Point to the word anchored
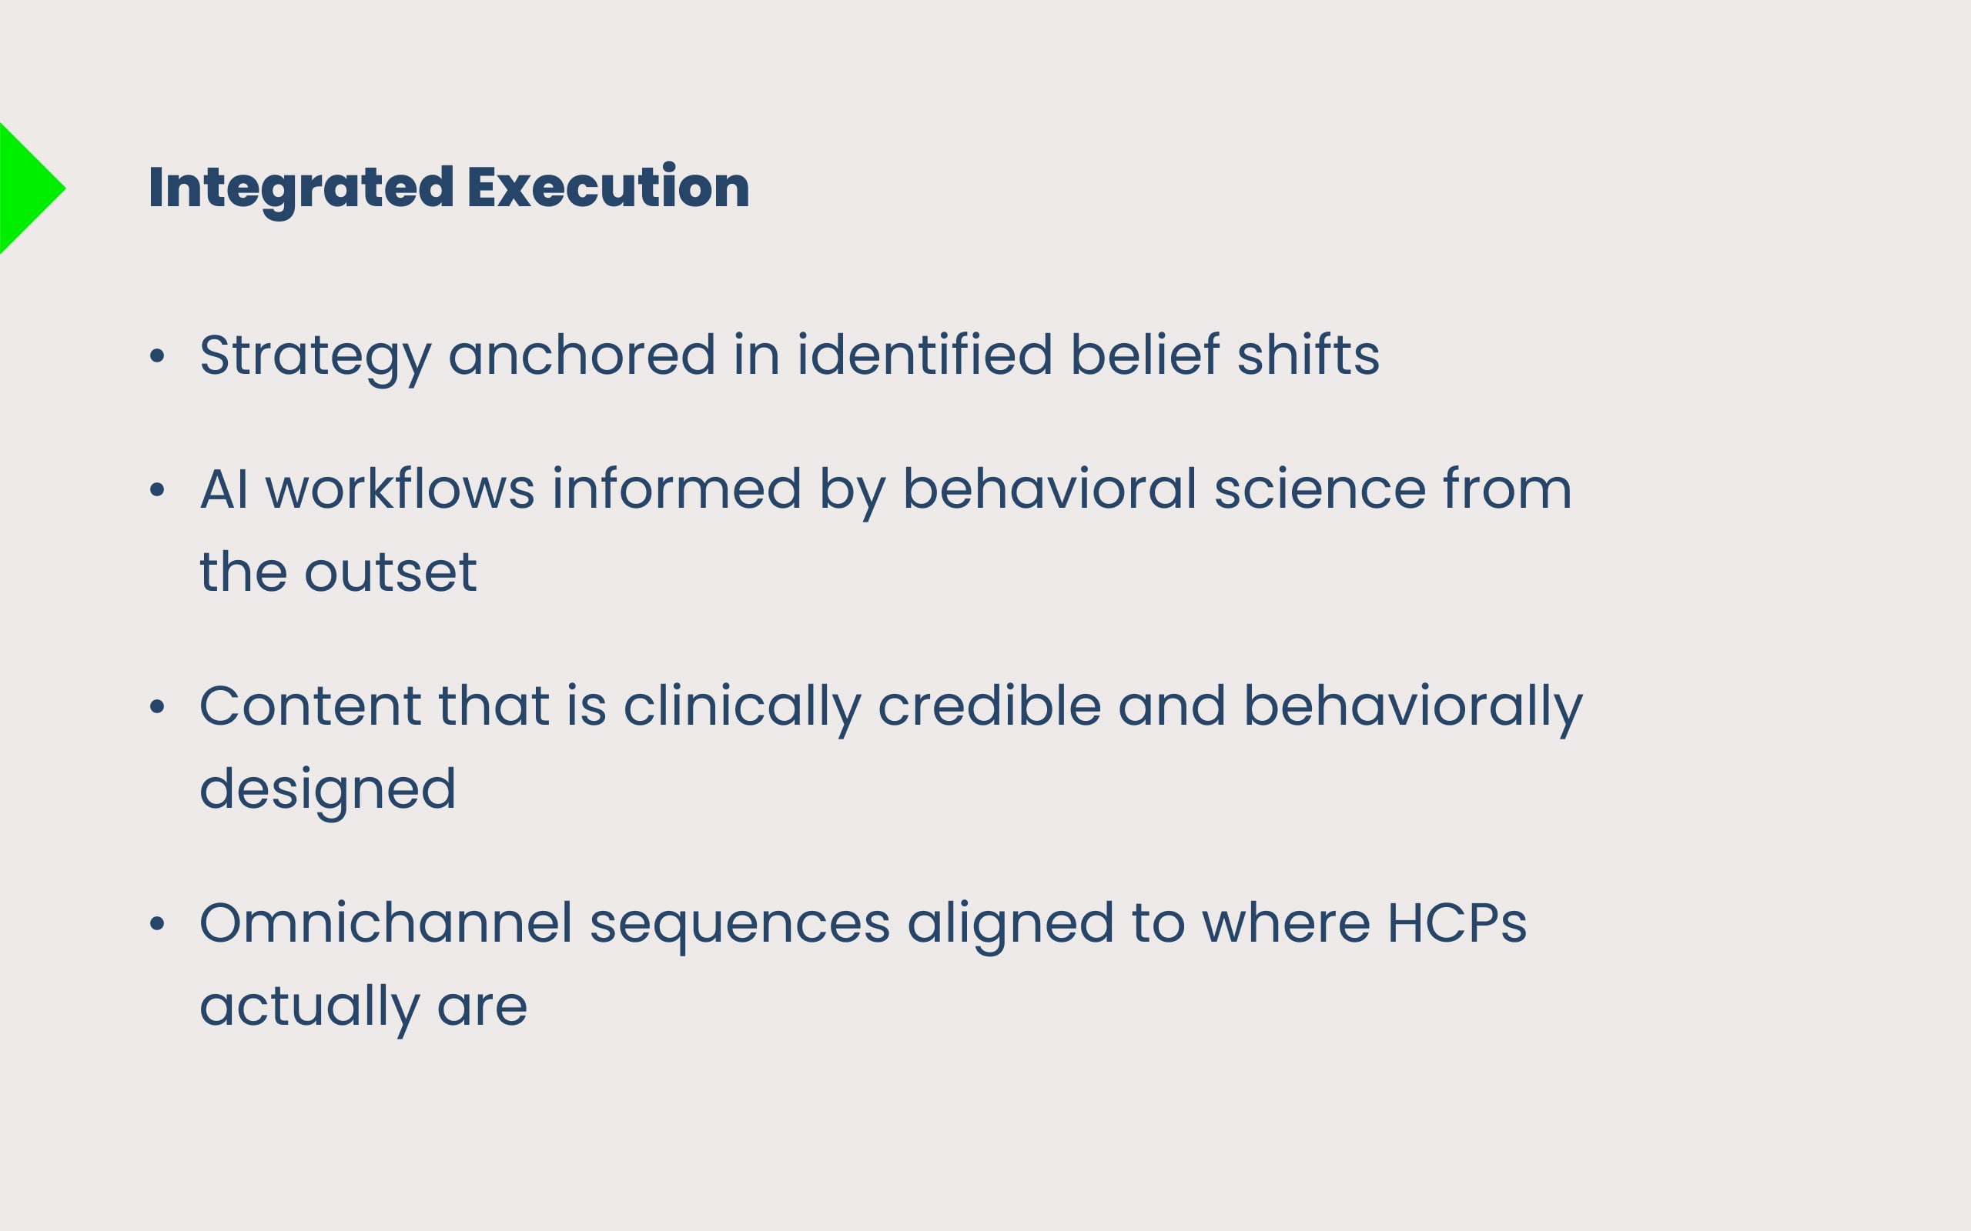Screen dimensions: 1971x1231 [581, 354]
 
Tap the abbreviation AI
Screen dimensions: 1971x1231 [224, 489]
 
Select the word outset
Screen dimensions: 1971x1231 [390, 572]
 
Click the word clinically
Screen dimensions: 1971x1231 [742, 710]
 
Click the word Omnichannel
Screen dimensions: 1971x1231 [386, 923]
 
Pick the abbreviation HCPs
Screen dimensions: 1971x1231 [1457, 923]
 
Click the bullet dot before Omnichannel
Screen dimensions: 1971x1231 [157, 923]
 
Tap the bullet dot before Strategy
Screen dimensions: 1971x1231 [157, 355]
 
